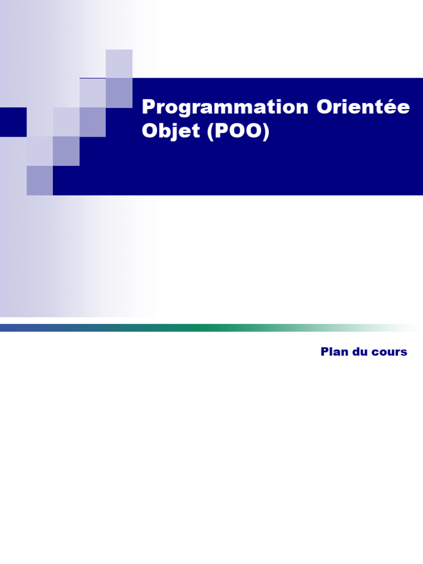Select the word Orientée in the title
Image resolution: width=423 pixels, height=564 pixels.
[x=364, y=107]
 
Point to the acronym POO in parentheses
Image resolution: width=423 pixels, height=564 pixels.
[x=238, y=132]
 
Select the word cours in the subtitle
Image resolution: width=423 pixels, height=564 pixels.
[x=390, y=352]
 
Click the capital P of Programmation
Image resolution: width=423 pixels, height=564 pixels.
[x=148, y=107]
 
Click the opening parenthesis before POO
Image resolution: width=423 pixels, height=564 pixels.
[x=211, y=132]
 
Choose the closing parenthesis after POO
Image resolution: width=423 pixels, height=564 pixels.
[x=266, y=132]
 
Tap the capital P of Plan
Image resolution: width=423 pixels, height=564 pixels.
[x=325, y=352]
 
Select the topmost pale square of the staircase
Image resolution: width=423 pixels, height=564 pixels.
[x=119, y=63]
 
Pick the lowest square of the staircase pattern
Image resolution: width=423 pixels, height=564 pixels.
[x=40, y=181]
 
